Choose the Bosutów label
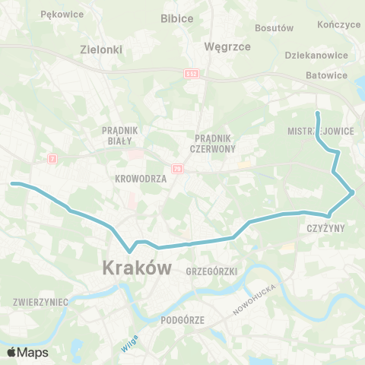pyautogui.click(x=275, y=28)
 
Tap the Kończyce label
pyautogui.click(x=340, y=24)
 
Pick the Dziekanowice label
pyautogui.click(x=316, y=56)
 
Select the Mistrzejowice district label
pyautogui.click(x=321, y=131)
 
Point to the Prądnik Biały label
pyautogui.click(x=117, y=135)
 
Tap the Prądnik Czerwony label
pyautogui.click(x=215, y=142)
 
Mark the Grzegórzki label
pyautogui.click(x=211, y=271)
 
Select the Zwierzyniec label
pyautogui.click(x=40, y=302)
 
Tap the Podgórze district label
pyautogui.click(x=182, y=321)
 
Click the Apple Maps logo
pyautogui.click(x=27, y=352)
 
